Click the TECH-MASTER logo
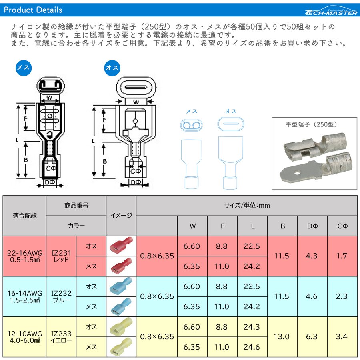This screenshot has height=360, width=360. click(331, 11)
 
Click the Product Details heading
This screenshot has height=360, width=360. click(33, 10)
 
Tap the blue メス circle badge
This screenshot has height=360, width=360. click(24, 68)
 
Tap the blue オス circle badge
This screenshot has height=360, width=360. click(112, 68)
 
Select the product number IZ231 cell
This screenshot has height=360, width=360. click(61, 256)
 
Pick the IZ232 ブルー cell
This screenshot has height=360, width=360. click(61, 296)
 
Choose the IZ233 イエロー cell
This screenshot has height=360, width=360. click(61, 336)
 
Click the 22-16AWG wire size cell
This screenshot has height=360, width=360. click(25, 256)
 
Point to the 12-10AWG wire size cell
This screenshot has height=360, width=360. click(25, 336)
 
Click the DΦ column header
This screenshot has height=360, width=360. click(312, 226)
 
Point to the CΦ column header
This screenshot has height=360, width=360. click(342, 226)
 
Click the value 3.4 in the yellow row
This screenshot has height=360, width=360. click(342, 336)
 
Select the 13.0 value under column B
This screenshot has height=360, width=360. click(282, 336)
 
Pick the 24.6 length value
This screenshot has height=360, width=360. click(252, 347)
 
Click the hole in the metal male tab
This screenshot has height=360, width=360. click(297, 172)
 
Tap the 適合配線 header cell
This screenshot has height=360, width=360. click(25, 216)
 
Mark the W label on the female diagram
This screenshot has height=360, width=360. click(49, 98)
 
